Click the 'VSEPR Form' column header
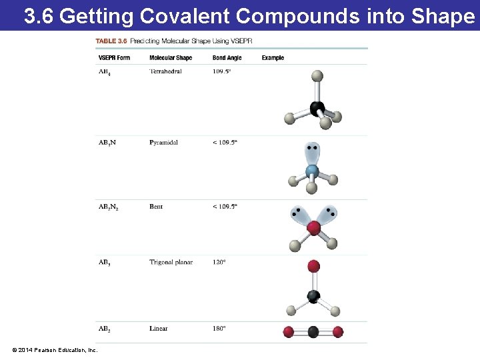tap(114, 58)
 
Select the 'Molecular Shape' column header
tap(171, 58)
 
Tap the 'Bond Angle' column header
tap(227, 58)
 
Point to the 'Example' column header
tap(273, 58)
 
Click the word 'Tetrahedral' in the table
tap(165, 71)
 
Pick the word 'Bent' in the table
tap(156, 207)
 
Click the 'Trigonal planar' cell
tap(171, 262)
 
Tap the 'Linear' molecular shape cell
tap(159, 328)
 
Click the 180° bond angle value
tap(219, 328)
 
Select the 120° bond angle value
tap(219, 262)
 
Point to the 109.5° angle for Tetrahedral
tap(222, 71)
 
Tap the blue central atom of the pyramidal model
tap(312, 171)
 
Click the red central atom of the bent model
tap(313, 229)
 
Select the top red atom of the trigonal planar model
tap(313, 267)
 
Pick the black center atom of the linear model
tap(313, 331)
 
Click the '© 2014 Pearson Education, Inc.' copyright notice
tap(55, 350)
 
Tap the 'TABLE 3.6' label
tap(111, 41)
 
